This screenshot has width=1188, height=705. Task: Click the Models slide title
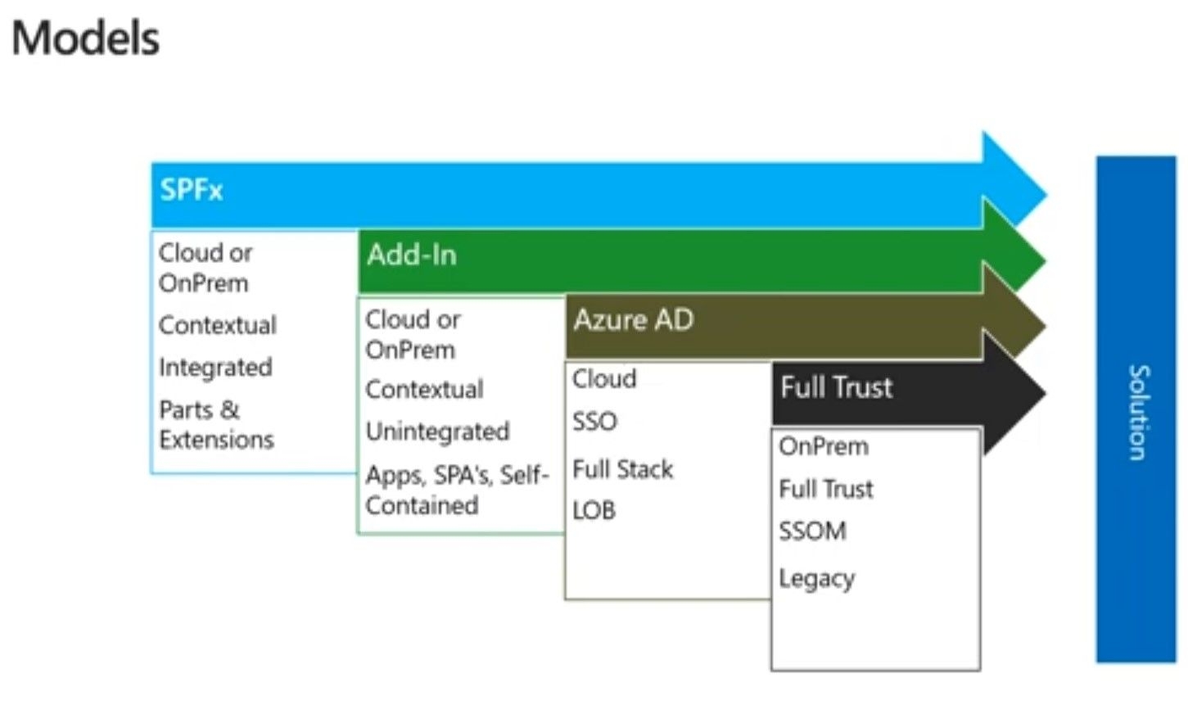pyautogui.click(x=85, y=38)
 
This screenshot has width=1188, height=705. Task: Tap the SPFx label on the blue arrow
pyautogui.click(x=192, y=189)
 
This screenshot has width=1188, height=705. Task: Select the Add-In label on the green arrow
pyautogui.click(x=412, y=255)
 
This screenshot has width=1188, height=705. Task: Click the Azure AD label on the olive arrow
pyautogui.click(x=634, y=320)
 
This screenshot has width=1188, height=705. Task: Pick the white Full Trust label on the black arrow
pyautogui.click(x=837, y=386)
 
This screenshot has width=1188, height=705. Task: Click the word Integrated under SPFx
pyautogui.click(x=216, y=368)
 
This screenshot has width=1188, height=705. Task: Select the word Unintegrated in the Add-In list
pyautogui.click(x=437, y=432)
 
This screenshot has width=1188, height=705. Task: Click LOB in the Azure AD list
pyautogui.click(x=594, y=510)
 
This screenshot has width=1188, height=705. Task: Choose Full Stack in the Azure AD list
pyautogui.click(x=622, y=469)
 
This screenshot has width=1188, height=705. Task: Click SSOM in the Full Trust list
pyautogui.click(x=812, y=531)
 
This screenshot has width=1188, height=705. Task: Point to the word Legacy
pyautogui.click(x=817, y=579)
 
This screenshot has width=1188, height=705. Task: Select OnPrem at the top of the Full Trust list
pyautogui.click(x=824, y=446)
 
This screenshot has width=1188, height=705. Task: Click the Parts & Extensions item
pyautogui.click(x=216, y=424)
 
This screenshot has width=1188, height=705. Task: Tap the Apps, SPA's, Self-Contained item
pyautogui.click(x=457, y=490)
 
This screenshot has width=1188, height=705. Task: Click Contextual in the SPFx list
pyautogui.click(x=218, y=325)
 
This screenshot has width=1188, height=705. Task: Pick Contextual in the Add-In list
pyautogui.click(x=424, y=390)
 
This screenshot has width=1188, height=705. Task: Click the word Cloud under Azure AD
pyautogui.click(x=604, y=379)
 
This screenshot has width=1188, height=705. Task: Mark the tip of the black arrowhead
pyautogui.click(x=1046, y=393)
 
